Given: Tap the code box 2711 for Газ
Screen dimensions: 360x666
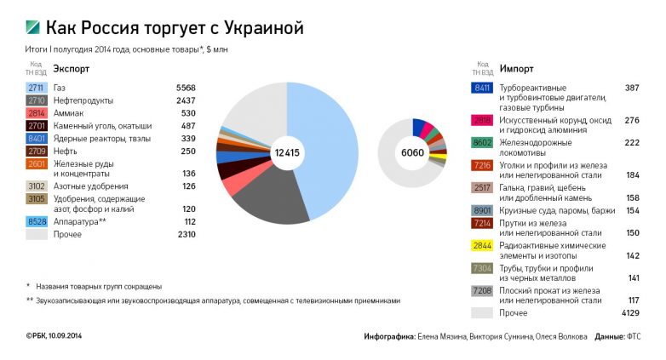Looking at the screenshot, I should [x=37, y=88].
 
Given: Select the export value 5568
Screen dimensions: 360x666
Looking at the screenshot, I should [x=186, y=88].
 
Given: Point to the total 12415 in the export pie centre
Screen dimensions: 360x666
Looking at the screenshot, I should [x=287, y=152].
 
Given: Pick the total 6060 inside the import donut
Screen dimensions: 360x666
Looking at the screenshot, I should [x=412, y=152].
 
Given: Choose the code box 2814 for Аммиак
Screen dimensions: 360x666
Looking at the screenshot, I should [x=37, y=113].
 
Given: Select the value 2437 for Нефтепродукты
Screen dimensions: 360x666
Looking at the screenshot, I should [x=186, y=100].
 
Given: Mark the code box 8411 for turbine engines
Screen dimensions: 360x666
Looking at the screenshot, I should [x=482, y=88].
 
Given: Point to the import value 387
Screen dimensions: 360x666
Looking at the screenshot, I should [x=631, y=88].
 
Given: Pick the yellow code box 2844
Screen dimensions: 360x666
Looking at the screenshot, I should [x=482, y=246].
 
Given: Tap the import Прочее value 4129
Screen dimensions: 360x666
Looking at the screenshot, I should [x=628, y=312].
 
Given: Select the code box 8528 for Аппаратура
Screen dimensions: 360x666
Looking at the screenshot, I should [x=37, y=221].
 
